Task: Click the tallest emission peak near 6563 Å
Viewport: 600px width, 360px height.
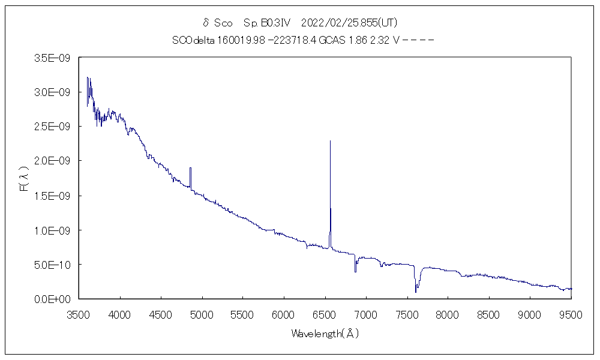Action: point(330,142)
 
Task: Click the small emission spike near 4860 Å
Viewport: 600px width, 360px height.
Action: point(190,169)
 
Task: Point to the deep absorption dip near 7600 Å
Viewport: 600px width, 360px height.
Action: point(415,291)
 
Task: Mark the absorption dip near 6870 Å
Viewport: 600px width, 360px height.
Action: point(355,271)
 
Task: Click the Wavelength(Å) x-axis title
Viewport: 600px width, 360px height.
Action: point(325,334)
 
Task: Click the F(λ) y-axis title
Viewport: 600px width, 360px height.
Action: point(25,179)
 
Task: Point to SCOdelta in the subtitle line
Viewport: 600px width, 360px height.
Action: point(193,40)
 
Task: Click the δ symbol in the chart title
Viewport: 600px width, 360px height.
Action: point(206,23)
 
